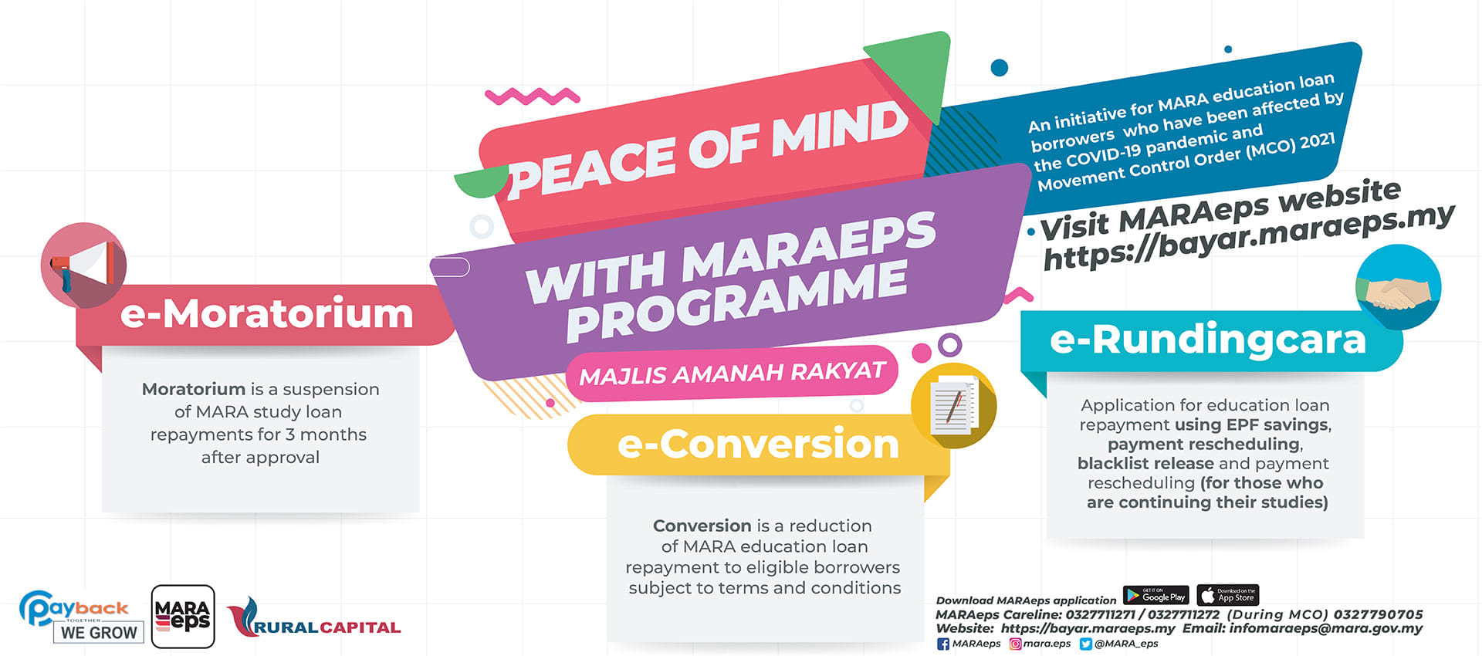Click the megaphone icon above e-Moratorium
click(x=83, y=265)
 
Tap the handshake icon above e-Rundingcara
click(x=1398, y=287)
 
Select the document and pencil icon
click(x=954, y=406)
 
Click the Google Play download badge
click(x=1156, y=595)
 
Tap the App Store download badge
click(x=1228, y=595)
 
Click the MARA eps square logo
click(x=183, y=617)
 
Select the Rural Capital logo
click(x=313, y=617)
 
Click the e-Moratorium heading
click(x=267, y=313)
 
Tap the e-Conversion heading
click(x=759, y=444)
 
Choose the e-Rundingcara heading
click(x=1208, y=340)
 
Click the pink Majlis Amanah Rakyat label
click(x=732, y=374)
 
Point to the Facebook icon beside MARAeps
click(x=943, y=644)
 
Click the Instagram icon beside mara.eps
click(x=1016, y=644)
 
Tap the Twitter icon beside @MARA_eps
click(x=1086, y=644)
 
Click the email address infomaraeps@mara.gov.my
click(x=1326, y=628)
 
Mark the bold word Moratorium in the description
click(x=194, y=389)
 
